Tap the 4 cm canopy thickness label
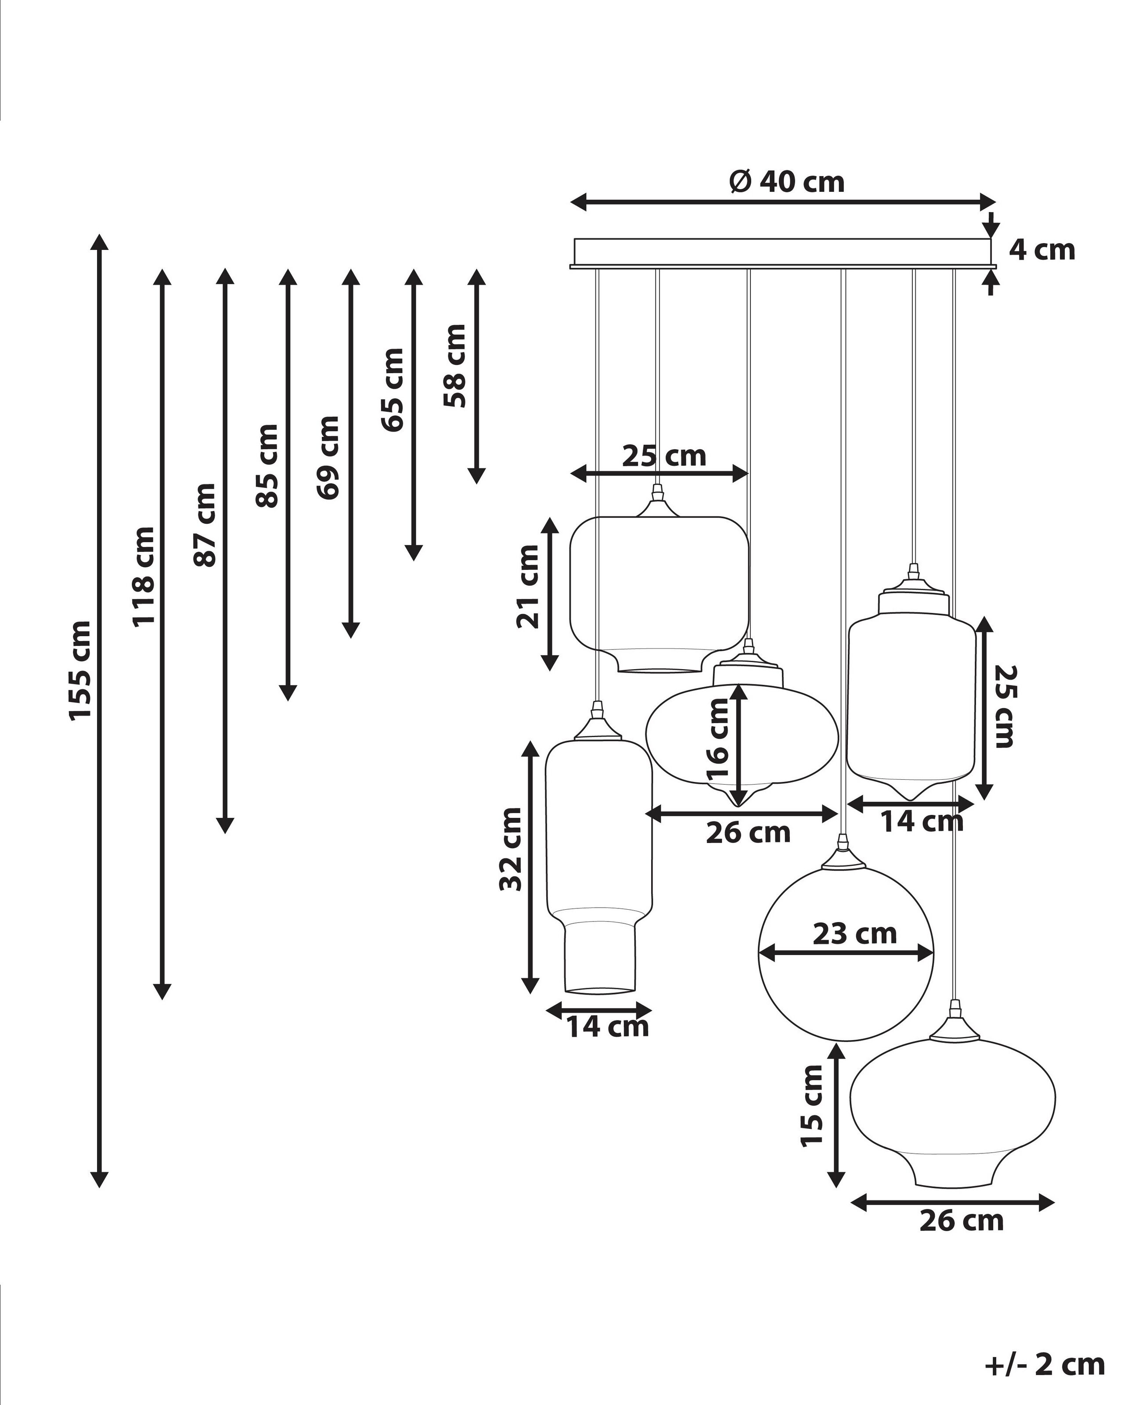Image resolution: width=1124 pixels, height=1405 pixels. [x=1041, y=250]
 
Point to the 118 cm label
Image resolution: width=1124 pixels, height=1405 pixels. [x=143, y=577]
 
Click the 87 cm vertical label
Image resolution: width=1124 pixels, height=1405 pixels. [x=205, y=525]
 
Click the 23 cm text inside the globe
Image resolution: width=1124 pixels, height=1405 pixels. [x=854, y=934]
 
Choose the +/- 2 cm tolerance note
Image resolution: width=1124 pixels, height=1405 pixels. [x=1044, y=1364]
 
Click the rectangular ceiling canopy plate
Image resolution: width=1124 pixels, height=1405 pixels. [x=782, y=252]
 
